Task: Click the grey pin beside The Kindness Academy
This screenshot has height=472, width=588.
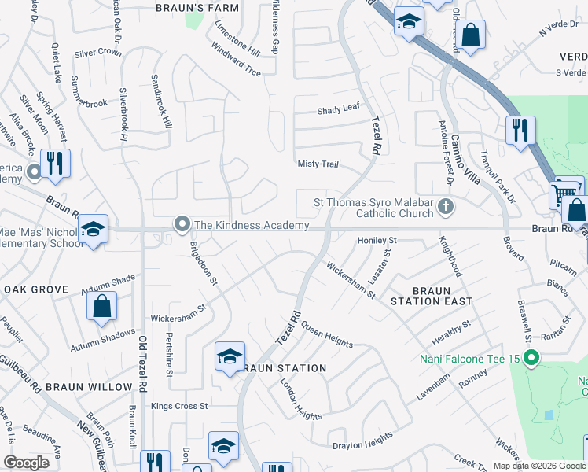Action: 182,226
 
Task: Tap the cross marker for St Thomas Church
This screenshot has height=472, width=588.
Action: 446,208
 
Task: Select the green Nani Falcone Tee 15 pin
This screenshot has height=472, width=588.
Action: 532,360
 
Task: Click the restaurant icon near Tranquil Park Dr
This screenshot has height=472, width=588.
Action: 520,131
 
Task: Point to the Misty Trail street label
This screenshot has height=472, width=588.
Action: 318,164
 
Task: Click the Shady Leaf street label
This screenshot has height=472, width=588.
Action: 338,111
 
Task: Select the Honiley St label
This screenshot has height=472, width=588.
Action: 379,240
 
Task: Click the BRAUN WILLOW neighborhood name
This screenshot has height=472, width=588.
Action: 89,387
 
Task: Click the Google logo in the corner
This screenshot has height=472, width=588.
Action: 26,462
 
